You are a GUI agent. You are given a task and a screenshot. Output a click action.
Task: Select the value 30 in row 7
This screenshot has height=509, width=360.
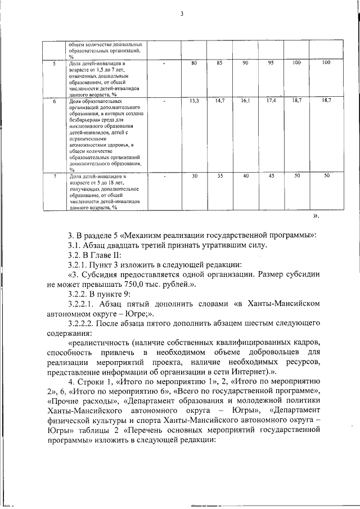195,176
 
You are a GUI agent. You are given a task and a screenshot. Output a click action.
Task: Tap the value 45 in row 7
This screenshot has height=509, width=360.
271,176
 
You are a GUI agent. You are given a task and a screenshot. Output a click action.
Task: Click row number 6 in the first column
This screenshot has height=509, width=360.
54,101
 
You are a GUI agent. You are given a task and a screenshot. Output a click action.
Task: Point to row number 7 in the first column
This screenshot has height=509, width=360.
54,177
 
